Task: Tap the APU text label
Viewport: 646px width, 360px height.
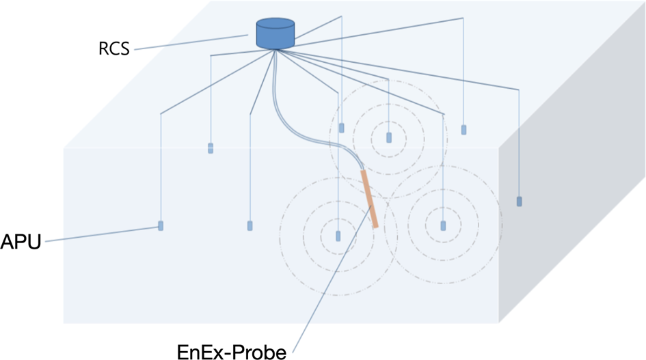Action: tap(21, 241)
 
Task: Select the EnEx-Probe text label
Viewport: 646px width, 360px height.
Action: tap(231, 352)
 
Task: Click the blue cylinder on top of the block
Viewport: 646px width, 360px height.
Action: tap(275, 35)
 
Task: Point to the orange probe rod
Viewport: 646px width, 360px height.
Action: tap(369, 199)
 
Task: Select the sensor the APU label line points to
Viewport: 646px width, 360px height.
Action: tap(161, 225)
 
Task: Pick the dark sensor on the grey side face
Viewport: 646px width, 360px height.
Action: tap(520, 201)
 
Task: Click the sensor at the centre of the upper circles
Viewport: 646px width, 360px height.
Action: tap(389, 137)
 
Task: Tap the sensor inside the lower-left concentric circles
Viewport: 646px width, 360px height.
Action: tap(338, 236)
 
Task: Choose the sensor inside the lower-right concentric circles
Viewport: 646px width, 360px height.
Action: tap(443, 225)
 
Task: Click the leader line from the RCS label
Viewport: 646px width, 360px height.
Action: tap(191, 42)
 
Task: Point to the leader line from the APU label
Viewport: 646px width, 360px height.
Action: tap(96, 234)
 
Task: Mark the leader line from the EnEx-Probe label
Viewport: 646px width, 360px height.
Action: tap(328, 287)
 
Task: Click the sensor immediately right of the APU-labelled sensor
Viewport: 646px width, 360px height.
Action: tap(250, 225)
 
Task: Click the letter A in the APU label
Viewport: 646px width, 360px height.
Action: tap(8, 241)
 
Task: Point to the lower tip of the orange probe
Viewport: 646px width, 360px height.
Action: tap(375, 225)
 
